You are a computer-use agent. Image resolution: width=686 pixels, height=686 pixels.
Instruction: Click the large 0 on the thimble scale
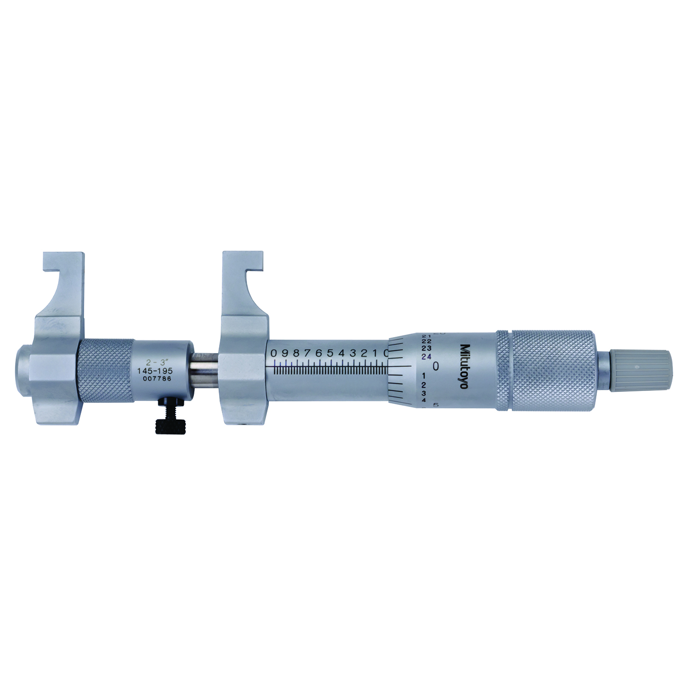point(436,366)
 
